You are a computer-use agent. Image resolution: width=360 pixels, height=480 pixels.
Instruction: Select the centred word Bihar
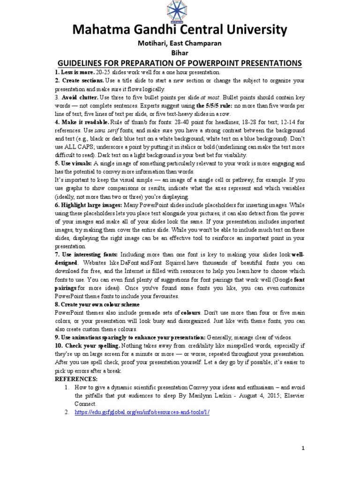[x=180, y=53]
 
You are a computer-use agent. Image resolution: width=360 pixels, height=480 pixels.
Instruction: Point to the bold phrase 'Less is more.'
[x=75, y=73]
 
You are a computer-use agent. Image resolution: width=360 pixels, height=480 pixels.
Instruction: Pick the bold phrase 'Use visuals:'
[x=74, y=164]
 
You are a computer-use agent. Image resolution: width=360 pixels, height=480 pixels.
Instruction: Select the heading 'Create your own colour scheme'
[x=97, y=304]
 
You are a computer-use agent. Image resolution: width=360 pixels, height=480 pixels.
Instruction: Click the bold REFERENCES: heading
[x=76, y=378]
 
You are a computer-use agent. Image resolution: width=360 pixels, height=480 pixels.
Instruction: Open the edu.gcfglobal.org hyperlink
[x=142, y=412]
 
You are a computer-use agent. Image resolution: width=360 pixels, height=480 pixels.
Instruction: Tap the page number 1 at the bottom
[x=303, y=449]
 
